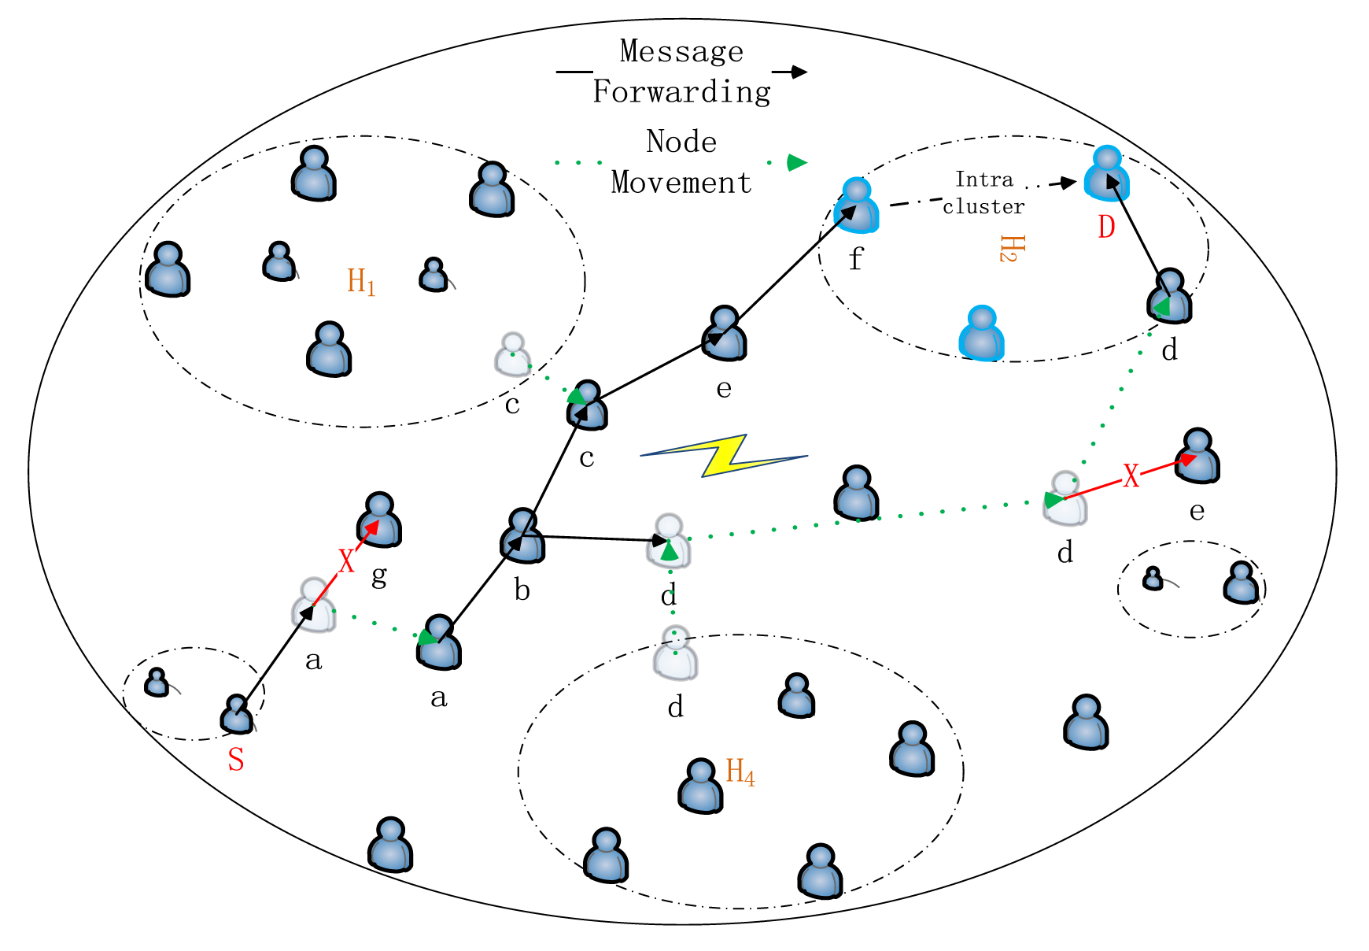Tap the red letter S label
coord(236,760)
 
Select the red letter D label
coord(1106,228)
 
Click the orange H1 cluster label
coord(361,281)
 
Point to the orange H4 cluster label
coord(740,772)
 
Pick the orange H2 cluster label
coord(1011,248)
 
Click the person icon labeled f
coord(857,206)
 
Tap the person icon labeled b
coord(522,536)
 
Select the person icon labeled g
coord(379,520)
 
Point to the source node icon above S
coord(237,714)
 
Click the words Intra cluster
coord(983,193)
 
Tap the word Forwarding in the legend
coord(681,92)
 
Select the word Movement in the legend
coord(681,183)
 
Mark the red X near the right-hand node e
coord(1131,476)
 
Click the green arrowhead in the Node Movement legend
coord(796,163)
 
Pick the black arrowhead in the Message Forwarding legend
coord(799,72)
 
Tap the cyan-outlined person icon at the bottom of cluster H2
coord(982,334)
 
